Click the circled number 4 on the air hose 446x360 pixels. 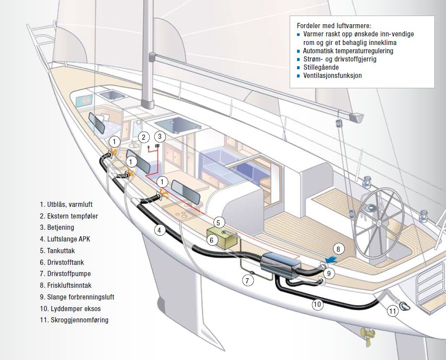click(x=160, y=231)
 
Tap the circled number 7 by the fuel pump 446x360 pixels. click(x=247, y=280)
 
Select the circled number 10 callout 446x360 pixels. click(x=317, y=304)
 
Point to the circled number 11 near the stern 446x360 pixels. click(x=392, y=311)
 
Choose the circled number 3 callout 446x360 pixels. click(x=160, y=137)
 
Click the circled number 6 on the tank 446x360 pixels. click(x=211, y=239)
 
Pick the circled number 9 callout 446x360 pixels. click(x=329, y=273)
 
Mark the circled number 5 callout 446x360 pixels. click(x=219, y=223)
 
